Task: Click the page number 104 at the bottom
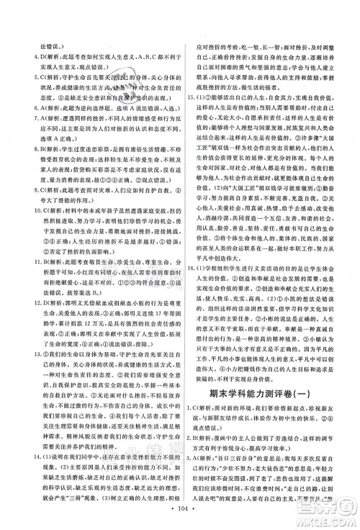180,520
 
